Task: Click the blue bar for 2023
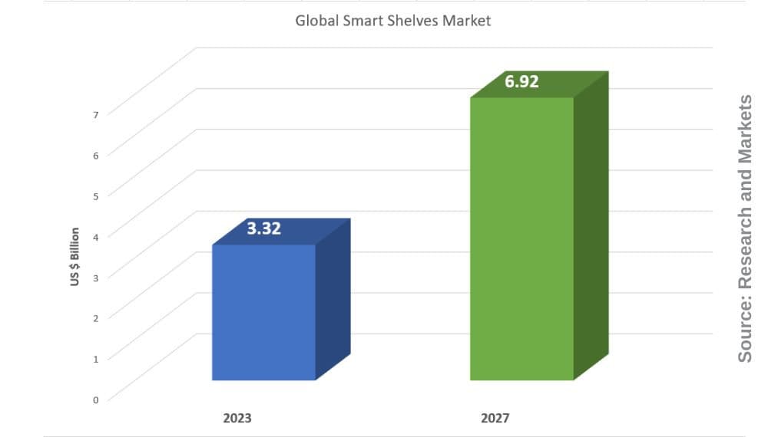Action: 263,312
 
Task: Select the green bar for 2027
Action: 521,238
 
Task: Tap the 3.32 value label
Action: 263,228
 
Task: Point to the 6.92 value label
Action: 521,81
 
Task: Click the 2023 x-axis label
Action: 237,419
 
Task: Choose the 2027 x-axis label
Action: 495,419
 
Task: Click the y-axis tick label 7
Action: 96,115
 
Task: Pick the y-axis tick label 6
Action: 96,156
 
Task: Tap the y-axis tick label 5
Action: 96,196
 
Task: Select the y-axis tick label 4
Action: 96,237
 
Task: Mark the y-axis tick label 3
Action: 96,278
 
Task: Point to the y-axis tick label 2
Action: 96,318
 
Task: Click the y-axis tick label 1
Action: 96,359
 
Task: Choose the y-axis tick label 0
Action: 96,399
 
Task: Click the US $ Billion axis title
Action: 75,257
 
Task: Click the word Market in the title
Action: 466,21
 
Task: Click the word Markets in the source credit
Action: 745,126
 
